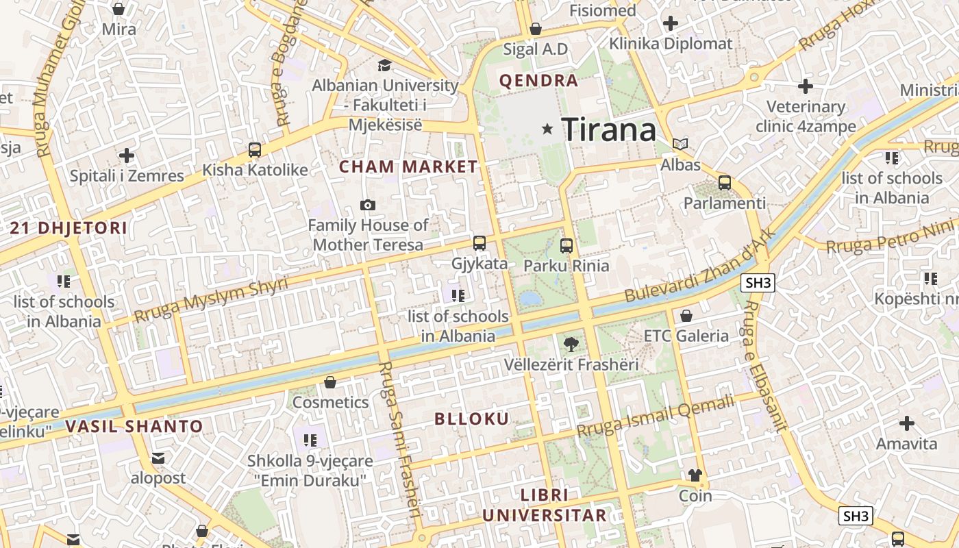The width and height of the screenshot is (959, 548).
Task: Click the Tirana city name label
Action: tap(608, 129)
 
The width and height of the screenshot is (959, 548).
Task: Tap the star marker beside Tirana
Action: tap(547, 128)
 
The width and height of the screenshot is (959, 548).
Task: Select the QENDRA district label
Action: tap(538, 81)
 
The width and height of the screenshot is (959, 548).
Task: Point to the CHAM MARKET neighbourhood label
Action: tap(408, 166)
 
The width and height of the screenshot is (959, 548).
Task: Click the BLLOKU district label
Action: tap(472, 419)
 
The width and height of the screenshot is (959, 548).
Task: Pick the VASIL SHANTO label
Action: tap(134, 426)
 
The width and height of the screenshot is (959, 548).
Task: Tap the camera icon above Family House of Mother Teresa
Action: tap(368, 205)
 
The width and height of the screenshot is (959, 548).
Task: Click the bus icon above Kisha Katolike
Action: tap(255, 149)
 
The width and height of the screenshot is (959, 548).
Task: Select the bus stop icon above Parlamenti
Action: tap(724, 183)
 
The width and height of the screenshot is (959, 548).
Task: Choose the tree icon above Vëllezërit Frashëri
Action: tap(570, 344)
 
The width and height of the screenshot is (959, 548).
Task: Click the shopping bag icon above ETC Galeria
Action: tap(686, 316)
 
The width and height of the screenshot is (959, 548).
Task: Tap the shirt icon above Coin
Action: tap(695, 475)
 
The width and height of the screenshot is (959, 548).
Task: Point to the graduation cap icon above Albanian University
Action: tap(385, 65)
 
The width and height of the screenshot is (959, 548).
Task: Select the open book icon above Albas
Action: tap(680, 144)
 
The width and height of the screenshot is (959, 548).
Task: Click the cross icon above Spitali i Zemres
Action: tap(127, 155)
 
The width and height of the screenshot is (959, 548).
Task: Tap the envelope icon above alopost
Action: tap(158, 458)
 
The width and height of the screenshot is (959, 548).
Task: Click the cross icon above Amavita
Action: tap(907, 423)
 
